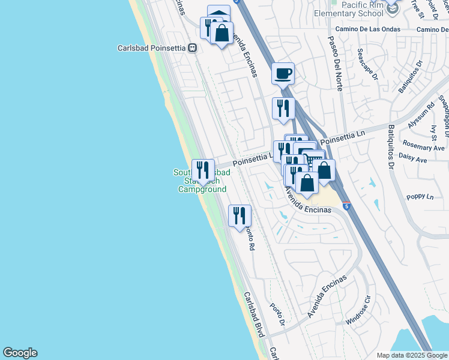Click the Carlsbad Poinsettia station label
click(x=152, y=48)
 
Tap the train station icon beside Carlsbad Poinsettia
click(x=193, y=48)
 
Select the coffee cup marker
click(x=283, y=74)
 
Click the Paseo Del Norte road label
click(x=334, y=63)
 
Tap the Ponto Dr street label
click(x=277, y=315)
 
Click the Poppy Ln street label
click(x=420, y=196)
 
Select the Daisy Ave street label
click(x=414, y=160)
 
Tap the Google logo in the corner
click(x=20, y=353)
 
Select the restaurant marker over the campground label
click(x=203, y=170)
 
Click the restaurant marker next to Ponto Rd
click(x=240, y=215)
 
